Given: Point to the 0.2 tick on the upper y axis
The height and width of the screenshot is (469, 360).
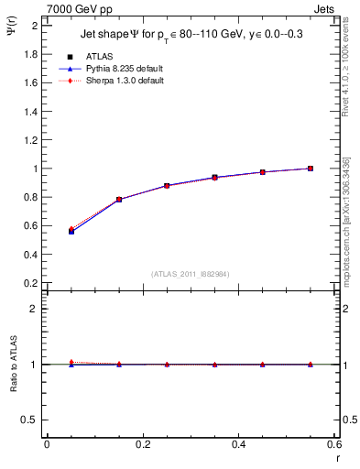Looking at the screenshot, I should pyautogui.click(x=31, y=283).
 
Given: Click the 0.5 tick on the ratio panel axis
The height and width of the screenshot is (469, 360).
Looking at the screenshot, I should pyautogui.click(x=31, y=420).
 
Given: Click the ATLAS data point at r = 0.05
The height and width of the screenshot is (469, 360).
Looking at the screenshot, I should pyautogui.click(x=71, y=232).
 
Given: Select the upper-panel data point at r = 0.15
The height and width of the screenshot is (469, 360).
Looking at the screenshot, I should pyautogui.click(x=119, y=200).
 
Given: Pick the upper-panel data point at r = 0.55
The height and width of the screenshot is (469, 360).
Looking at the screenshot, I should pyautogui.click(x=311, y=169).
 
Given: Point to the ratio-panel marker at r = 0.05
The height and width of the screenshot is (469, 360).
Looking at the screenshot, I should pyautogui.click(x=71, y=363).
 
